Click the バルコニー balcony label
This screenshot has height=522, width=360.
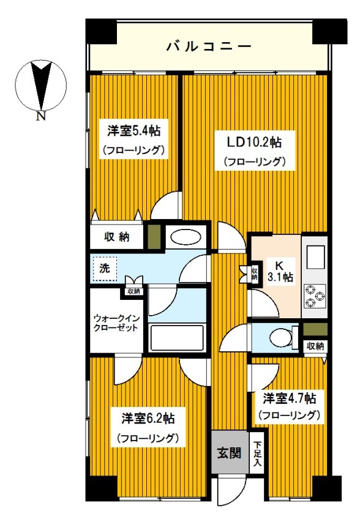point(208,47)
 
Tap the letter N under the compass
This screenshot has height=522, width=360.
point(40,116)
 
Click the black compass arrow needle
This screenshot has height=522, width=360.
point(41,86)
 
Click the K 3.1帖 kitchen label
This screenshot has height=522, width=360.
point(278,272)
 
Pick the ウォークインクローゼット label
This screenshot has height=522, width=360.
point(116,323)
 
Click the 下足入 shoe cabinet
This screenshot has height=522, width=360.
point(257,453)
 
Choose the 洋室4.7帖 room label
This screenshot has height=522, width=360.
point(289,398)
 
